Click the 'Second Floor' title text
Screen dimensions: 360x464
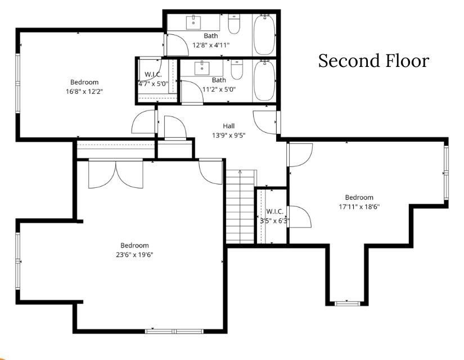373,61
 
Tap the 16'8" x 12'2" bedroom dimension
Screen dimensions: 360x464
84,91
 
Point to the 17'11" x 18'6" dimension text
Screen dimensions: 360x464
359,206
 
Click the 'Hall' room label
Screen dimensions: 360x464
228,126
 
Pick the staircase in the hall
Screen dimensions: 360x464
240,207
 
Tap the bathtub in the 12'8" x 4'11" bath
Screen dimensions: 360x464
264,34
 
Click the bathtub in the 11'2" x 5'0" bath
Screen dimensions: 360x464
264,80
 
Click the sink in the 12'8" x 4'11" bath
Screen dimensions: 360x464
195,22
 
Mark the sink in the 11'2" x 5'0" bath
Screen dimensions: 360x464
201,69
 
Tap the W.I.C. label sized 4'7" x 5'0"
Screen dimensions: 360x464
154,74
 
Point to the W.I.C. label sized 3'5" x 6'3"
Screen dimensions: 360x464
274,211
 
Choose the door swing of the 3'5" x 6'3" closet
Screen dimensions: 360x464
298,217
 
